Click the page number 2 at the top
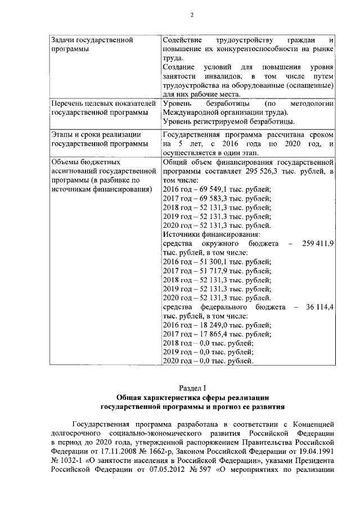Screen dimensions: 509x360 (x=192, y=15)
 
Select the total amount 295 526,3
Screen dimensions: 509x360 (x=263, y=171)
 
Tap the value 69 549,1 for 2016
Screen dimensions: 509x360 (x=211, y=189)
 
